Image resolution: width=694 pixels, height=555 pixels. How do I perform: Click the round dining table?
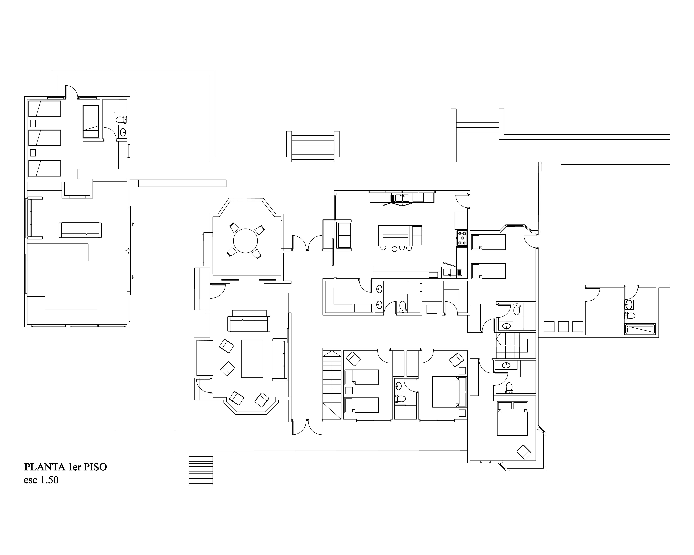246,241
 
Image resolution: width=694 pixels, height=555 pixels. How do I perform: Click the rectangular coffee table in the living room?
252,358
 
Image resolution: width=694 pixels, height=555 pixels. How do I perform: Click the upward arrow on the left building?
133,224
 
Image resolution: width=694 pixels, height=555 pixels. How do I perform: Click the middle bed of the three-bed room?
45,138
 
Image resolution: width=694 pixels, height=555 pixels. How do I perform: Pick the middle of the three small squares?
563,327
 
